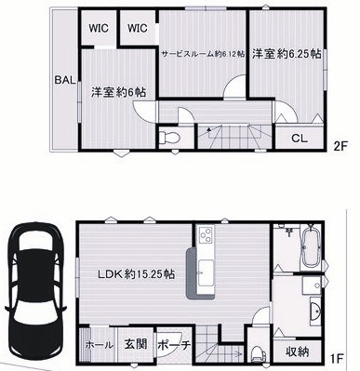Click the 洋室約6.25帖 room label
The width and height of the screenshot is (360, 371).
pos(287,53)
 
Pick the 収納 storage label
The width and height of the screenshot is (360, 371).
pos(297,351)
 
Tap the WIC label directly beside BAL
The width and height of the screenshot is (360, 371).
pos(100,28)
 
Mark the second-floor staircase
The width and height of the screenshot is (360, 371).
pos(233,139)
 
